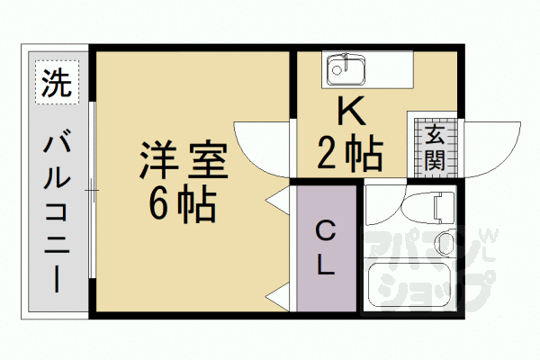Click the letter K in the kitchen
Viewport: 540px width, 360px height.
click(x=351, y=112)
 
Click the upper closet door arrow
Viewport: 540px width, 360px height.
click(x=278, y=199)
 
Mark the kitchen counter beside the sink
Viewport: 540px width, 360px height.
click(x=388, y=67)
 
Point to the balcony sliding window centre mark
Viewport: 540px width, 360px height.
click(x=92, y=190)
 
